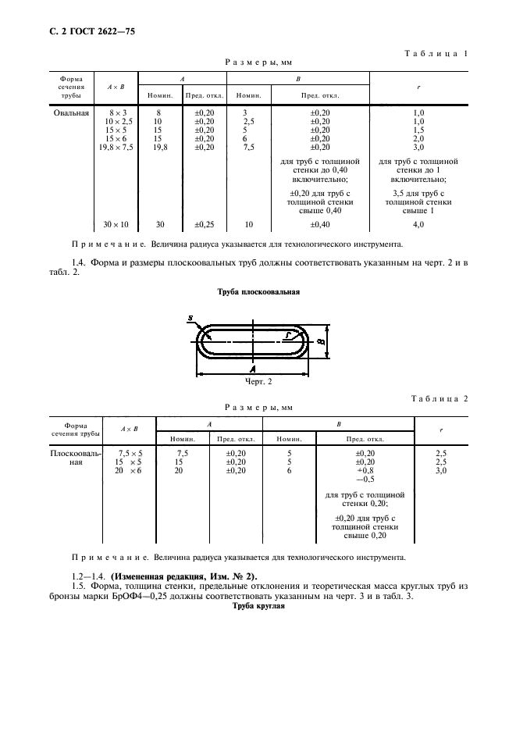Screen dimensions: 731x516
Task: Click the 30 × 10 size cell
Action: pos(116,225)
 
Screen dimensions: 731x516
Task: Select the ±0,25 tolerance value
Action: pos(204,225)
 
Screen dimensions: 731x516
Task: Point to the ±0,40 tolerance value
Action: pos(319,225)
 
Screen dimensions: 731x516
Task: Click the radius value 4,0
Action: pos(418,225)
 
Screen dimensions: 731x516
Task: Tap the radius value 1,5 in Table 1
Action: pos(418,130)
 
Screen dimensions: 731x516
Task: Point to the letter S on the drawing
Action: pos(190,318)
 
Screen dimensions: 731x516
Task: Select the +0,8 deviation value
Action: pos(365,470)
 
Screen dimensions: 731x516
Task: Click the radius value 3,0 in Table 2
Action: pos(441,470)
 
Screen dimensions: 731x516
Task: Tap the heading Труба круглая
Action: pos(258,607)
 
